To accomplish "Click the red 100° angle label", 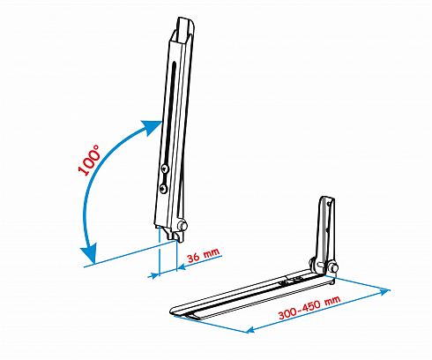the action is [89, 161].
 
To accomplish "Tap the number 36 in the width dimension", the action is [194, 258].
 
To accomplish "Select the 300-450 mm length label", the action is [309, 308].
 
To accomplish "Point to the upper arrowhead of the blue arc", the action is [153, 128].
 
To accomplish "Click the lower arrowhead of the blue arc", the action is [88, 253].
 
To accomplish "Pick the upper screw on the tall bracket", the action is [165, 169].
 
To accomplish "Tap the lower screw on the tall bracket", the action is [163, 189].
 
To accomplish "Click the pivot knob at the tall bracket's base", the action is [182, 226].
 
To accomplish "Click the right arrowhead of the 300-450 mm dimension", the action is [384, 292].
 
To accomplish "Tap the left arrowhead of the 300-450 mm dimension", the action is [250, 329].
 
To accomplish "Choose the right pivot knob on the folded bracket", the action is [334, 267].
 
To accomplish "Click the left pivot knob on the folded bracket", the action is [313, 263].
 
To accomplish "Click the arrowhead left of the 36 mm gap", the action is [154, 275].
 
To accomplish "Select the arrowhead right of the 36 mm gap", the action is [182, 266].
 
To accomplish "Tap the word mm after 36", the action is [212, 253].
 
